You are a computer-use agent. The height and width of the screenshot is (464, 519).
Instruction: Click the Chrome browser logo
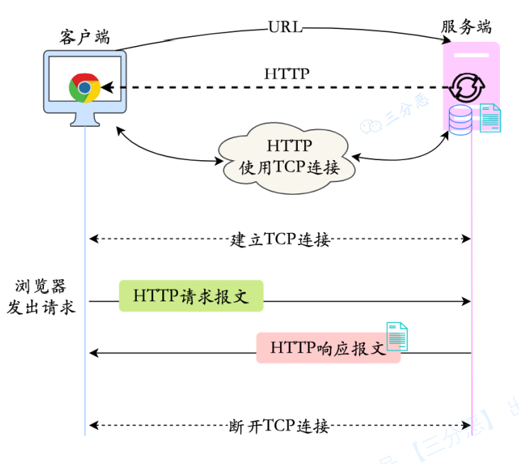tap(84, 88)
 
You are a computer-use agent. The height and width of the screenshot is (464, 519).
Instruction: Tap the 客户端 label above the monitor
tap(84, 36)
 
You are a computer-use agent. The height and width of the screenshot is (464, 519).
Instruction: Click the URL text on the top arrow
tap(285, 28)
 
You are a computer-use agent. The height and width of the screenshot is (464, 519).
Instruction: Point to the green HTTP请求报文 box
tap(190, 295)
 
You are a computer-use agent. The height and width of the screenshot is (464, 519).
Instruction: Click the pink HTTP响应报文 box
tap(328, 348)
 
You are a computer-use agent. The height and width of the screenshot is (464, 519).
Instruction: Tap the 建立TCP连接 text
tap(280, 239)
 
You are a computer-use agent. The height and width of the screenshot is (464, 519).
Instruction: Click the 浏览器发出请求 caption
tap(40, 297)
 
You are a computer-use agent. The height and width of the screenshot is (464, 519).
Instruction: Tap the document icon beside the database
tap(490, 118)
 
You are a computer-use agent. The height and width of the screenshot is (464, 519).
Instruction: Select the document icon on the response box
tap(397, 336)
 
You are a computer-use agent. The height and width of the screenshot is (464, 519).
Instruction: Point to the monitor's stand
tap(84, 120)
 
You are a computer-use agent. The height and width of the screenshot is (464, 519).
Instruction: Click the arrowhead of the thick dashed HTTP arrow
tap(106, 88)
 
